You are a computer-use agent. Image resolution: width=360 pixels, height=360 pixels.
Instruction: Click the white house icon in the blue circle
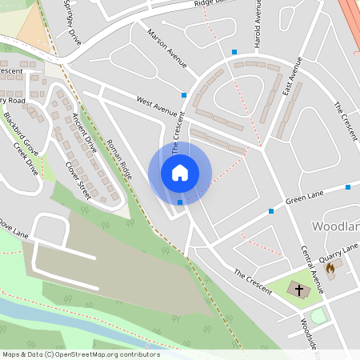[x=179, y=173]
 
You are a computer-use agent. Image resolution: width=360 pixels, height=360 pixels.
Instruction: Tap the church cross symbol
[x=299, y=290]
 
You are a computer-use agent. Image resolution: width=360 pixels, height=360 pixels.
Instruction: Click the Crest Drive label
[x=26, y=158]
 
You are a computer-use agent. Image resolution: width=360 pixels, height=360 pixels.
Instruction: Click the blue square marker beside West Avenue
[x=184, y=95]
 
